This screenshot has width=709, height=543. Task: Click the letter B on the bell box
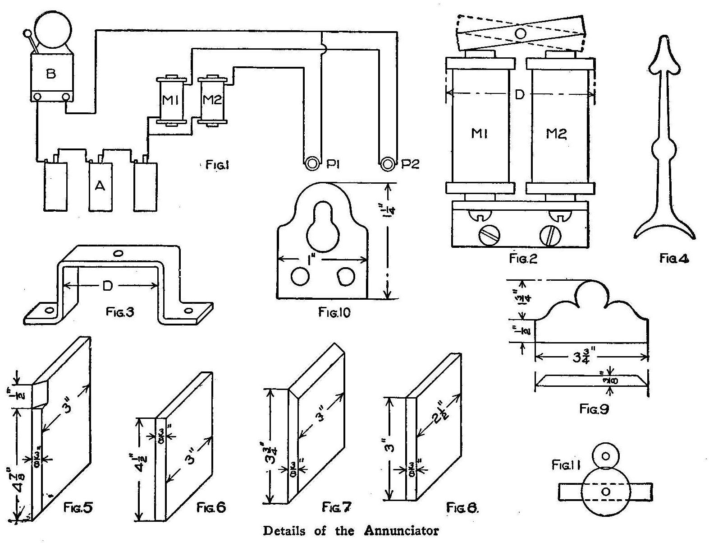51,74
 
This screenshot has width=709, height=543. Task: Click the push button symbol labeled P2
387,163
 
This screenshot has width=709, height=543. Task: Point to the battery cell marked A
100,186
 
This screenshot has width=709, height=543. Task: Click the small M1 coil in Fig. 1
171,100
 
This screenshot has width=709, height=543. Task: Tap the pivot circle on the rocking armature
521,33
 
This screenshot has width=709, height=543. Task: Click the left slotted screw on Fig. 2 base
489,236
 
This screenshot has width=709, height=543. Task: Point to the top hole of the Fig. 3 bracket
118,254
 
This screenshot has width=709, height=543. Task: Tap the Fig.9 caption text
594,409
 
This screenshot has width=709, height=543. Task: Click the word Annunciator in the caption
401,530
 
